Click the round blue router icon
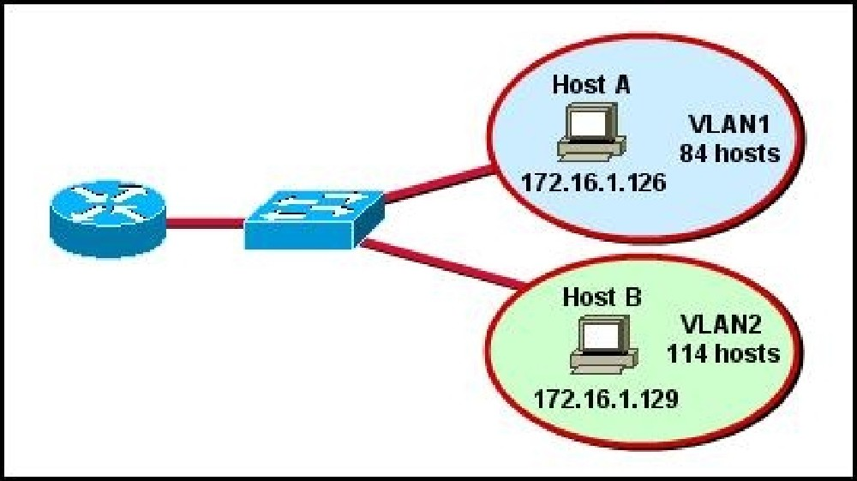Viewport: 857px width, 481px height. tap(108, 219)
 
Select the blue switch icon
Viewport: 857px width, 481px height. tap(315, 219)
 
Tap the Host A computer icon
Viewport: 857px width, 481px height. tap(591, 132)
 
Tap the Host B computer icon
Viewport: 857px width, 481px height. tap(603, 345)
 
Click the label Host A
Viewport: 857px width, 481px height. tap(591, 85)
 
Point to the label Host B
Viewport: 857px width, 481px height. tap(602, 298)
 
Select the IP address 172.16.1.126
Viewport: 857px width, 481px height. tap(594, 182)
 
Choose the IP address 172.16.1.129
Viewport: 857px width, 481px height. tap(606, 399)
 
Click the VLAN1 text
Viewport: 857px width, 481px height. tap(729, 124)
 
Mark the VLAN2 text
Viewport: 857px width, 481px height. tap(721, 325)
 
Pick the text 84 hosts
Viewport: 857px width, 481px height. tap(730, 153)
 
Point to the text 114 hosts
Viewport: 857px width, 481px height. tap(723, 354)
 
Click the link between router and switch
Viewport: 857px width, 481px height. tap(206, 223)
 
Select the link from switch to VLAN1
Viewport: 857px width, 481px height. tap(437, 183)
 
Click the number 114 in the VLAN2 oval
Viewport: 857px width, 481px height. tap(685, 354)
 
